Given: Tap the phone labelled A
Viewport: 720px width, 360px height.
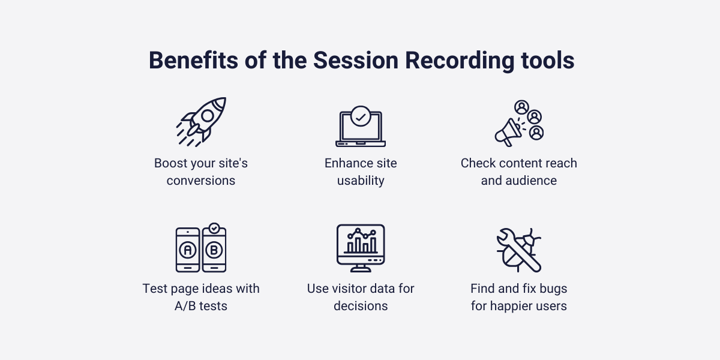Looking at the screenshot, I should [x=188, y=250].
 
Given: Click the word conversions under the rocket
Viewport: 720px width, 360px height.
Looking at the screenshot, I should [x=201, y=181].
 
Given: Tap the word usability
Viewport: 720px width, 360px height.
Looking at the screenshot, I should [x=360, y=181].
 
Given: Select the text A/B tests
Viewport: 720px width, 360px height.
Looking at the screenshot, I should [x=201, y=306].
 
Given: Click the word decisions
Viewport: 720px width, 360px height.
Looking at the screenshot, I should [x=360, y=306].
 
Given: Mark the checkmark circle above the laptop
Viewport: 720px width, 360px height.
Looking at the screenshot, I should [x=360, y=116].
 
